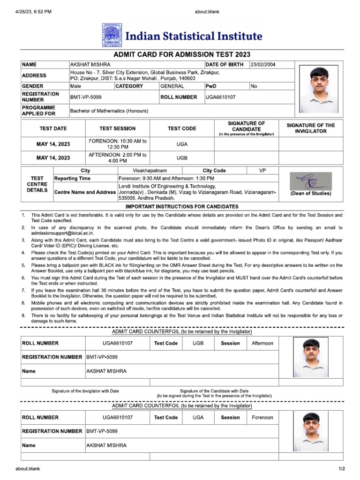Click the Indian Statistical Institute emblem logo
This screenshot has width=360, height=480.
(110, 36)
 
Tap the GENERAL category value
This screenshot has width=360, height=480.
(172, 86)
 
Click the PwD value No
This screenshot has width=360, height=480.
(254, 86)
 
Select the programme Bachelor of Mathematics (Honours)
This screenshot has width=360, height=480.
(109, 111)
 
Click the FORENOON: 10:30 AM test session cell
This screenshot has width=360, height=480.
(118, 144)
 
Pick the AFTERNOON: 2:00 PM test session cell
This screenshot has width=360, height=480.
(118, 157)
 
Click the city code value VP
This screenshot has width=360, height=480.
(262, 171)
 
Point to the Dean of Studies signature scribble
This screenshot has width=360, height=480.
(310, 181)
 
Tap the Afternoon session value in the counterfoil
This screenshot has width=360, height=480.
(262, 343)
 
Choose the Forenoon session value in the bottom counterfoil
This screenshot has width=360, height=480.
(262, 417)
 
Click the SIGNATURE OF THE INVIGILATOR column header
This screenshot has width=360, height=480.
(311, 128)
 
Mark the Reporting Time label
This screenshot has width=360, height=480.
(73, 179)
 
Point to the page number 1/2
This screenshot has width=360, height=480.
(341, 469)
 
